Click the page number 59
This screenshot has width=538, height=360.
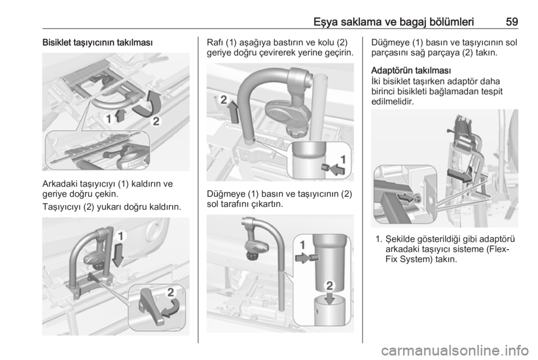(512, 22)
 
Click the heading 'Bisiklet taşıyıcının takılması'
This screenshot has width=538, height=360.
(98, 43)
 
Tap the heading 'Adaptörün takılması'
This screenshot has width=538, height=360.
(411, 71)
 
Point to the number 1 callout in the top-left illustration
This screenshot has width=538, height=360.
(109, 119)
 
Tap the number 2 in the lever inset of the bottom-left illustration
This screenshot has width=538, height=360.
(170, 292)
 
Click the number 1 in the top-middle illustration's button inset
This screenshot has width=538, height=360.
(342, 159)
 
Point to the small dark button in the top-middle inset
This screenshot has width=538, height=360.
(324, 167)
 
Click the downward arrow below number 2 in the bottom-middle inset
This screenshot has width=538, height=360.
(330, 297)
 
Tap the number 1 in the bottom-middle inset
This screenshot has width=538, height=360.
(302, 244)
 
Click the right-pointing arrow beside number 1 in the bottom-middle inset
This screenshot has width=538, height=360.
(302, 258)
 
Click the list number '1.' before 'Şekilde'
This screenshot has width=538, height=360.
(379, 239)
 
